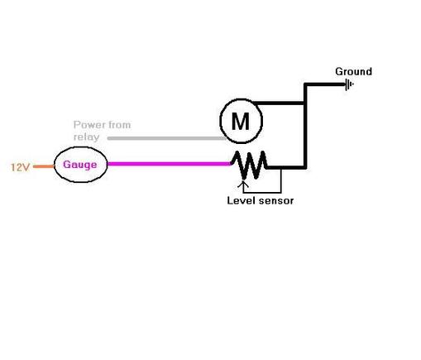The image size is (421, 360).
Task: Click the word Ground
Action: pos(353,71)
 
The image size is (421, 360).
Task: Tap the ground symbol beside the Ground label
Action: pos(350,84)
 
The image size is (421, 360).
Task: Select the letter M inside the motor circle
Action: pos(240,122)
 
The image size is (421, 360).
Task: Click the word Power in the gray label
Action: pos(89,125)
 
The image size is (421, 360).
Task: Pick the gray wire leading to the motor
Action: pos(165,138)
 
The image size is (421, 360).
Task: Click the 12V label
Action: pos(20,166)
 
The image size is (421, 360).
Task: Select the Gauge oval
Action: pos(80,165)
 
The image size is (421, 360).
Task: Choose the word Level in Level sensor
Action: pos(241,200)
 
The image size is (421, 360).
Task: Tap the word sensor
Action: pos(275,200)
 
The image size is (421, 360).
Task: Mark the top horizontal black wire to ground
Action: pos(324,84)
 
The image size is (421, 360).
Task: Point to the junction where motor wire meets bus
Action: pos(305,103)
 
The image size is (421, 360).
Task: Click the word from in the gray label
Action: pos(119,125)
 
